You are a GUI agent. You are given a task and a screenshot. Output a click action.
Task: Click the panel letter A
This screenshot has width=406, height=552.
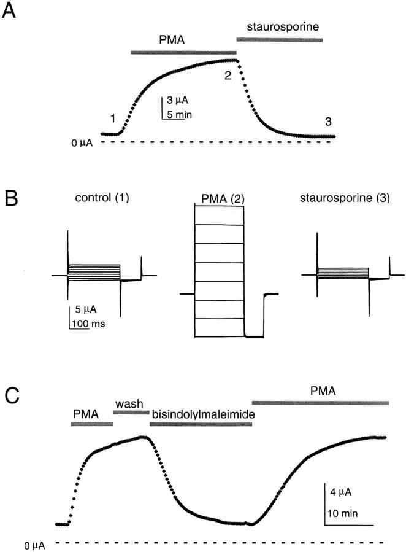point(10,12)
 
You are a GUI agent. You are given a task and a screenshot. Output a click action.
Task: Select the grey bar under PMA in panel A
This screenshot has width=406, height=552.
point(183,53)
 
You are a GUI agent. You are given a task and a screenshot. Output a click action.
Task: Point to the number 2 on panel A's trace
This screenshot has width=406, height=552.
point(228,75)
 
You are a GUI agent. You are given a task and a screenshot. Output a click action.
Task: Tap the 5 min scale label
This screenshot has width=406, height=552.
point(179,114)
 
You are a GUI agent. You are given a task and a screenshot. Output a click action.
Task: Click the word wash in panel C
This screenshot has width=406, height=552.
point(130,403)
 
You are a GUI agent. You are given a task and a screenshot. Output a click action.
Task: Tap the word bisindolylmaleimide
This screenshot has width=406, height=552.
point(203,414)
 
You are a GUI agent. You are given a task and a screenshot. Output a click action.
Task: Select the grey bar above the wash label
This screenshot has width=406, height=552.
point(131,412)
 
